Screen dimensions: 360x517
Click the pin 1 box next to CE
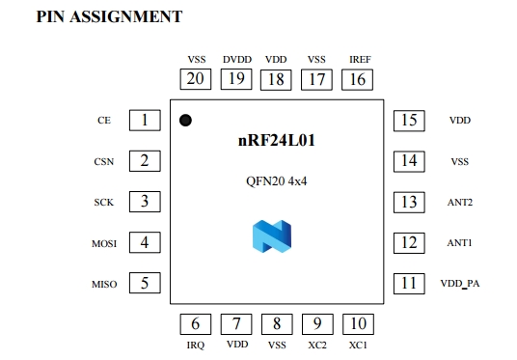tap(144, 121)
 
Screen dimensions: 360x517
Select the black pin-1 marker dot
tap(185, 121)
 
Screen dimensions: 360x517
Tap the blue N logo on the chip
tap(271, 236)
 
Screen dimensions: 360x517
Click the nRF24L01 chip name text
tap(277, 141)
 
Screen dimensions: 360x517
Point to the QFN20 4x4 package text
tap(278, 180)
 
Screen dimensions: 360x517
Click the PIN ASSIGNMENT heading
tap(109, 16)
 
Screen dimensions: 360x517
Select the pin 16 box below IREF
tap(357, 79)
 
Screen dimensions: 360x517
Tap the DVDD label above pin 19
tap(236, 59)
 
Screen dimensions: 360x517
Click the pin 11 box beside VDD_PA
tap(410, 283)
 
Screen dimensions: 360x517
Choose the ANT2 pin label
tap(460, 203)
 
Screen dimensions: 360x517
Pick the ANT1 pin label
tap(460, 243)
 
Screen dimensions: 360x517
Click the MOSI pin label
tap(104, 243)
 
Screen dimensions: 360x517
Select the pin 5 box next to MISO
tap(144, 283)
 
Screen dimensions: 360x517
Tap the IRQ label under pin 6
tap(196, 345)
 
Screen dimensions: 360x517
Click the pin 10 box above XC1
tap(357, 324)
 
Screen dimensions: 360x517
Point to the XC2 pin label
tap(317, 345)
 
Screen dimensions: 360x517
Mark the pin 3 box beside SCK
tap(144, 202)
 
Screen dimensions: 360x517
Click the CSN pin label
tap(104, 162)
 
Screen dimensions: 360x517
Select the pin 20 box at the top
tap(196, 79)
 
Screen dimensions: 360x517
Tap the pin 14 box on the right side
tap(410, 161)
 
